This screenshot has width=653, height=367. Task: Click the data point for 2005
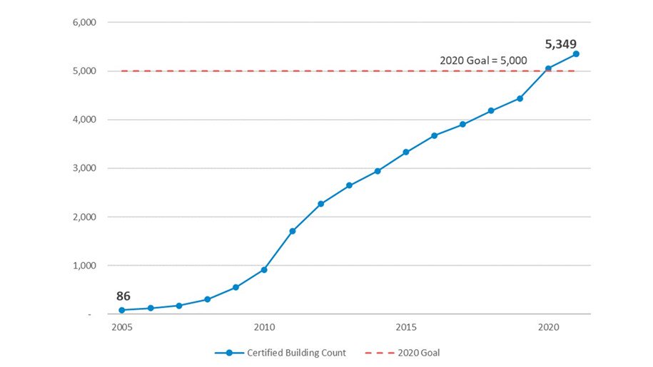point(122,310)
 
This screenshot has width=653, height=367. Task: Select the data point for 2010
point(264,269)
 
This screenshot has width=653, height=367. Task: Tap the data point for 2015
point(406,152)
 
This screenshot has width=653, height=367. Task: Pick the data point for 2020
point(548,68)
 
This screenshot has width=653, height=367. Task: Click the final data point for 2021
point(576,53)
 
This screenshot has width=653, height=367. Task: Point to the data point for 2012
point(321,204)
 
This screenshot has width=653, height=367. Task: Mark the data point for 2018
point(491,110)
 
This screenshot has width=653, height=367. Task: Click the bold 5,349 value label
point(561,44)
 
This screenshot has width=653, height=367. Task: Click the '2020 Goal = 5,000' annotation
point(483,61)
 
